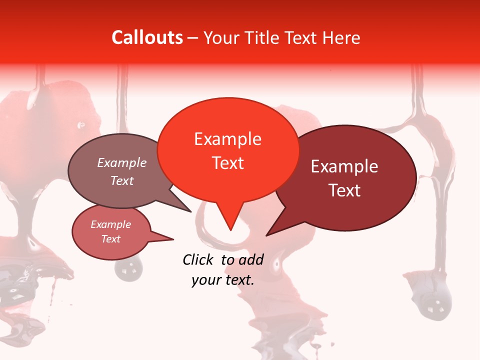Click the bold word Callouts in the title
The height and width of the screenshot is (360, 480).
pyautogui.click(x=147, y=37)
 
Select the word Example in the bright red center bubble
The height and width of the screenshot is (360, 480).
pyautogui.click(x=227, y=139)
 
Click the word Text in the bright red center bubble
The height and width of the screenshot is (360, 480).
pyautogui.click(x=227, y=163)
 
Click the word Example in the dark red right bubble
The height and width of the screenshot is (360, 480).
pyautogui.click(x=344, y=166)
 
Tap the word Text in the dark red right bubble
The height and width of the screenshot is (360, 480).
pyautogui.click(x=344, y=190)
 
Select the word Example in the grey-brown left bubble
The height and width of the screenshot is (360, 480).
pyautogui.click(x=122, y=163)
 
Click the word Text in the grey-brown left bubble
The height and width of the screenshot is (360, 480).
pyautogui.click(x=122, y=180)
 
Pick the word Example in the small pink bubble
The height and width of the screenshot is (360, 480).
pyautogui.click(x=110, y=224)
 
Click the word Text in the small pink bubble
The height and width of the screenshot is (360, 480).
pyautogui.click(x=110, y=239)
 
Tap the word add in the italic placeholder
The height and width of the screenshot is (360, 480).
pyautogui.click(x=251, y=259)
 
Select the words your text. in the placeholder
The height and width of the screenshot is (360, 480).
pyautogui.click(x=223, y=280)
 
